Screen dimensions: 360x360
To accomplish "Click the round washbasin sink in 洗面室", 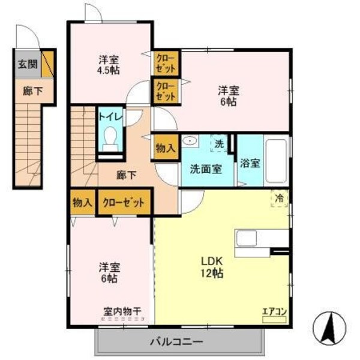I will (190, 142).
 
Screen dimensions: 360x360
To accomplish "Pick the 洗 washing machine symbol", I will (219, 143).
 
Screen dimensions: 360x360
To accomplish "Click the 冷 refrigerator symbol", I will (280, 197).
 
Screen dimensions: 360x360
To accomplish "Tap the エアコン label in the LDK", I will (273, 311).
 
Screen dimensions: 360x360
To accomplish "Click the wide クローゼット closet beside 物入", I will (123, 202).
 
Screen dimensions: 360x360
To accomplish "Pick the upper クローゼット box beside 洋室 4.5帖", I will (165, 62).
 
